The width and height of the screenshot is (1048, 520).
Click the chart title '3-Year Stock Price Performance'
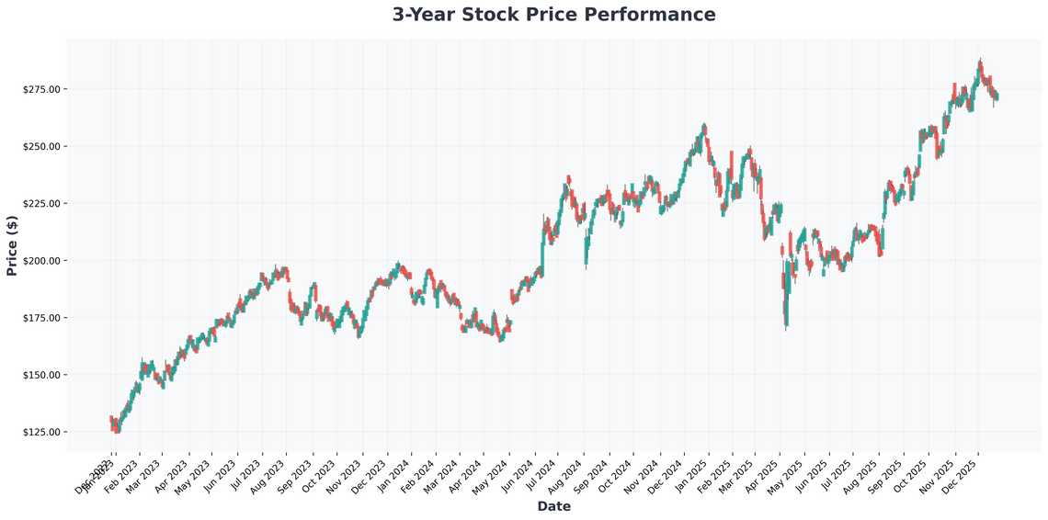553,15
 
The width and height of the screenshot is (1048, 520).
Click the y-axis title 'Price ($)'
12,245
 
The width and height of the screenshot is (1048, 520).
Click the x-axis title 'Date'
553,506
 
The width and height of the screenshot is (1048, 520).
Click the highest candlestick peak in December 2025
981,61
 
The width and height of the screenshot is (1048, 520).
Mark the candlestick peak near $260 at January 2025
704,125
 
